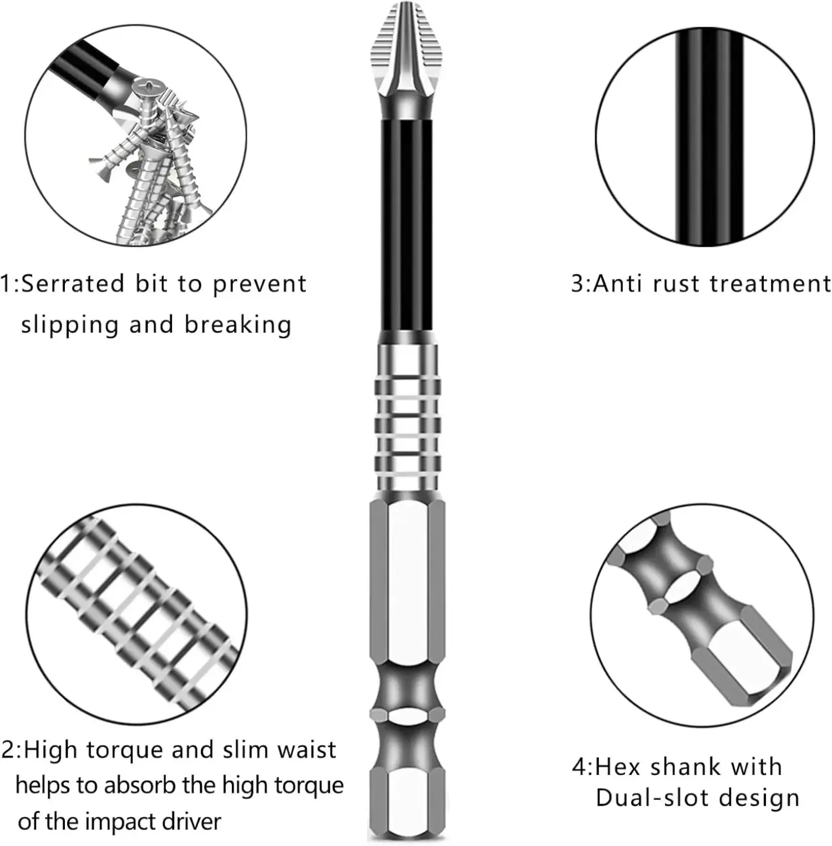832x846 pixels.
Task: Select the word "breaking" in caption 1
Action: (x=238, y=325)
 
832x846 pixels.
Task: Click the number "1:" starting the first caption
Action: (x=9, y=284)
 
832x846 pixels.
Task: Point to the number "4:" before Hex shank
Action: (x=582, y=767)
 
